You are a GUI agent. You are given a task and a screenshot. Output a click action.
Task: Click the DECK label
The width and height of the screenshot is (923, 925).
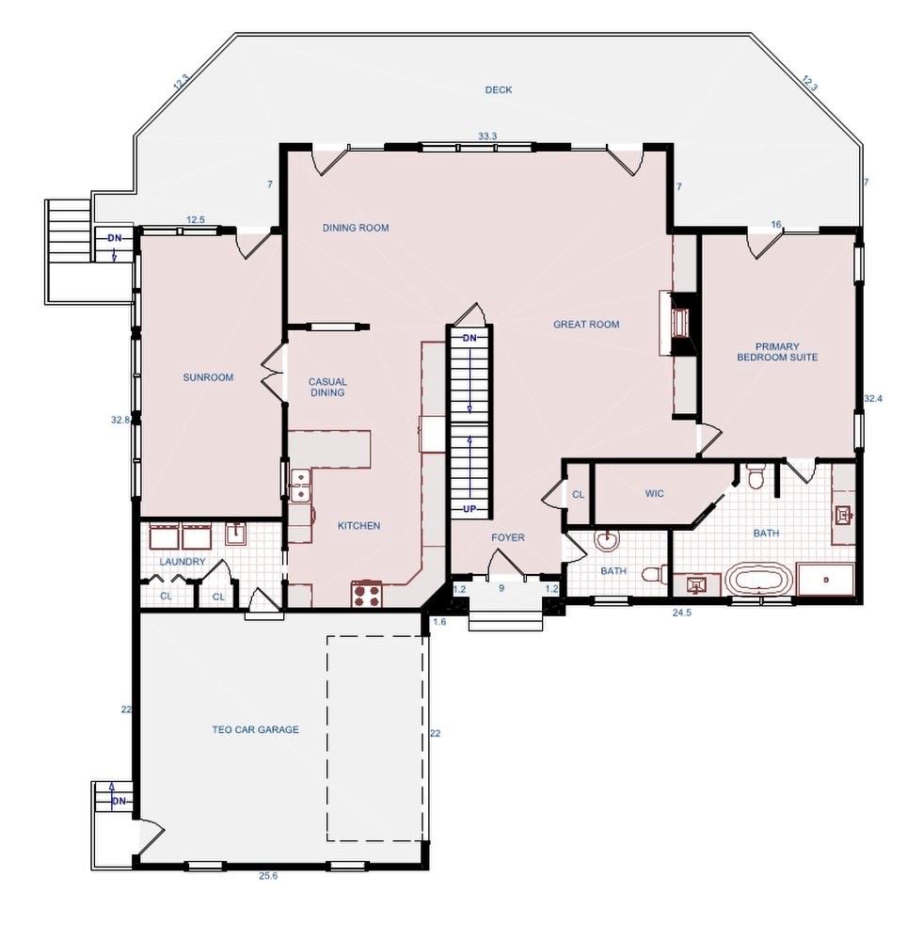point(499,90)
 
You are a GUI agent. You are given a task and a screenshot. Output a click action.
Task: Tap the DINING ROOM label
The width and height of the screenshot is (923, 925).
point(356,228)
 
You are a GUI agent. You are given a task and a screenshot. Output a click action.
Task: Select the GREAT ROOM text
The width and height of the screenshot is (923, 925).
point(586,325)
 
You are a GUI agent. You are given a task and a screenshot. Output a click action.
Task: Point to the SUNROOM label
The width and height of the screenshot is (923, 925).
point(208,377)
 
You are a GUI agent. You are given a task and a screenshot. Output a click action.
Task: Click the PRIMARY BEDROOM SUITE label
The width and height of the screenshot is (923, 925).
point(776,352)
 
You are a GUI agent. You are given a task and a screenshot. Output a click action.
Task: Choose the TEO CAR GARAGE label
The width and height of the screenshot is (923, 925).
point(255,729)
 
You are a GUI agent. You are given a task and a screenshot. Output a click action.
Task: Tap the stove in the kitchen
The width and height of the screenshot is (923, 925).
point(367,595)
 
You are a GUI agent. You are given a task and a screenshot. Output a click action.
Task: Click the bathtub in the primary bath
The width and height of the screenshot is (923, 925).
point(758,580)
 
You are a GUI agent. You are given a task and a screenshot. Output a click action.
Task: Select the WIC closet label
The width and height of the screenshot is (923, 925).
point(655,493)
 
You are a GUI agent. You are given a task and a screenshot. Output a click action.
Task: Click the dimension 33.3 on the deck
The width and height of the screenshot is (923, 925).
point(486,136)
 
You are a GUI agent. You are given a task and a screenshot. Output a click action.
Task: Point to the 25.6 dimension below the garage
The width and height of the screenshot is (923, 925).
point(268,876)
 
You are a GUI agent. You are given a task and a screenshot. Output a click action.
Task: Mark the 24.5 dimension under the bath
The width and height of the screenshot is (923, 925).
point(681,612)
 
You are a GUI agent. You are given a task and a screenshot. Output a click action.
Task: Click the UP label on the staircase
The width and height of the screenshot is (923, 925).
point(469,509)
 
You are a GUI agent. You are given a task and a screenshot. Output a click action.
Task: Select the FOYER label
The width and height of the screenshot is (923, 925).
point(508,538)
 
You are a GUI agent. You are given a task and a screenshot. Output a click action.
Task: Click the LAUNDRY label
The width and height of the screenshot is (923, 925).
point(183,562)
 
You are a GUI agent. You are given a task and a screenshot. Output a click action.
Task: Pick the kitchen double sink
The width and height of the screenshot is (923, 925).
point(301,486)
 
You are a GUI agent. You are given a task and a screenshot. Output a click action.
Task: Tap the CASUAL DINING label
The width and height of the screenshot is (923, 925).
point(327,387)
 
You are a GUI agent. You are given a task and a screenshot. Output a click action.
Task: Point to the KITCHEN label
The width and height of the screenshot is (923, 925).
point(358,526)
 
